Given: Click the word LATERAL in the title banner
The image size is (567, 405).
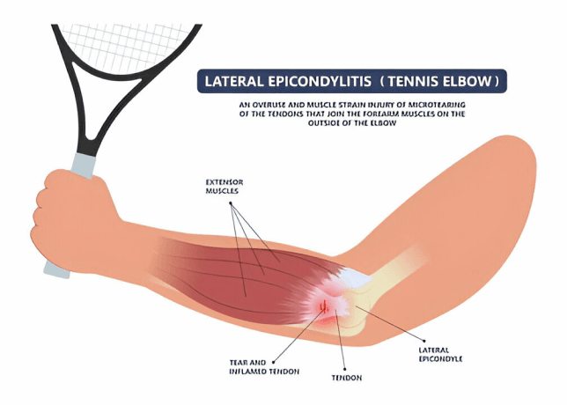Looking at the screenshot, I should (232, 82).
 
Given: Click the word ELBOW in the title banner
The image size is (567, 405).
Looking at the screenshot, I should (473, 82).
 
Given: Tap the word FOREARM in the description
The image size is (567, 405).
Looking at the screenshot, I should (404, 114).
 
